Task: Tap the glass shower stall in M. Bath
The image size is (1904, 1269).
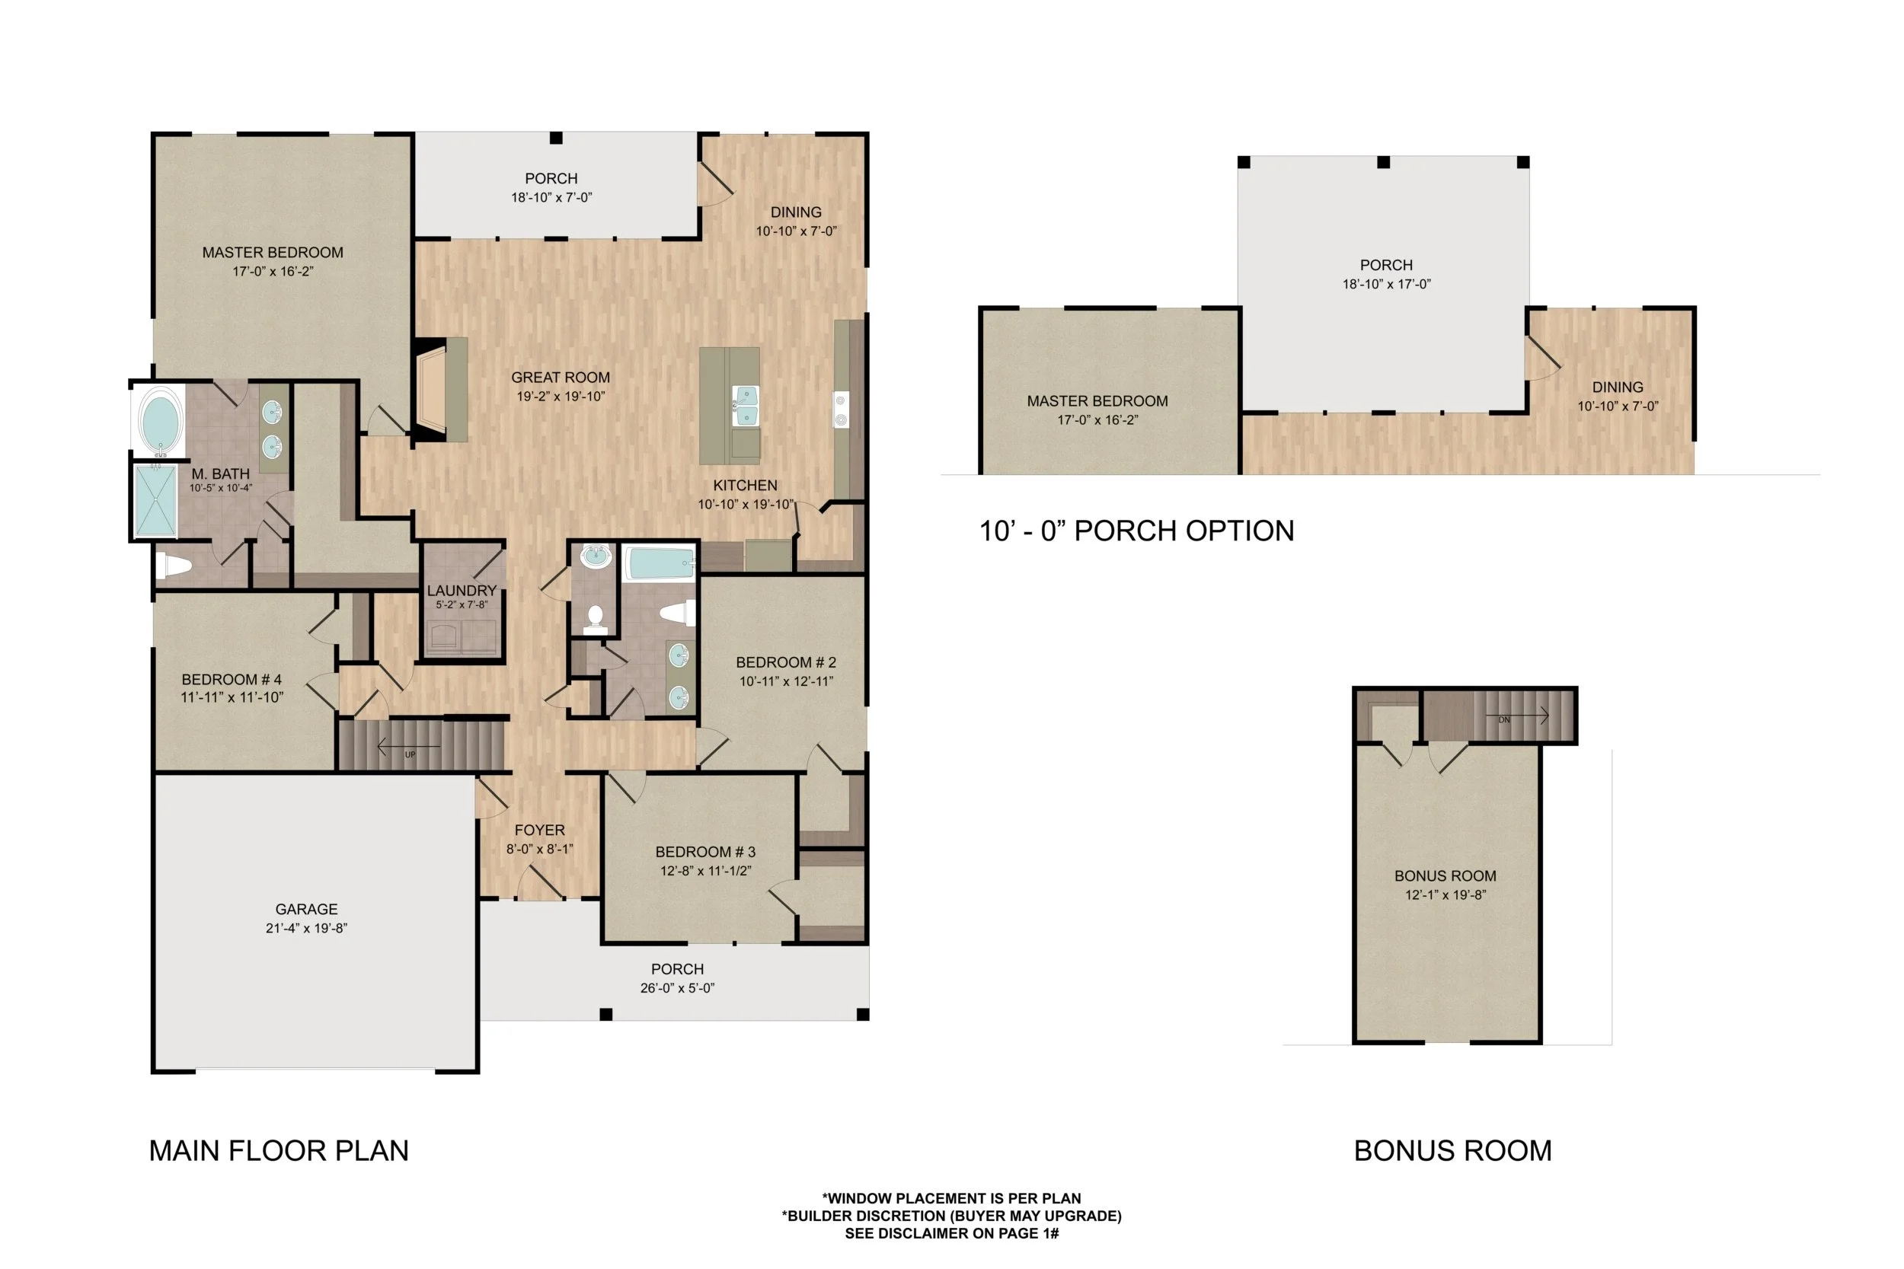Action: [x=155, y=501]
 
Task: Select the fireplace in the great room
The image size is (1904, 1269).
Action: [x=433, y=390]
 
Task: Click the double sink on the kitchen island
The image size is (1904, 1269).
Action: [x=746, y=406]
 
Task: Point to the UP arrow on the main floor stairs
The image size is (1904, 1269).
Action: [x=410, y=746]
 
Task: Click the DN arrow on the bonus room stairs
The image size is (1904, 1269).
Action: [x=1517, y=716]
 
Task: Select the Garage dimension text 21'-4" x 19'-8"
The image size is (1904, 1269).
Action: [x=306, y=928]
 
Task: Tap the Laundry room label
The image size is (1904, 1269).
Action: [x=462, y=591]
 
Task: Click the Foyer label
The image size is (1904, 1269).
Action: [x=539, y=831]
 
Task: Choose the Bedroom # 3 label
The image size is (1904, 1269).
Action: [x=705, y=852]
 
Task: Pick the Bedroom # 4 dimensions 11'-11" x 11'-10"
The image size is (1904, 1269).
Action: [x=232, y=697]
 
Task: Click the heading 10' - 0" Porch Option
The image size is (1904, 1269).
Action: [x=1136, y=531]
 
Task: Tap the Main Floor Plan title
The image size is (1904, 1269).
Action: [x=279, y=1151]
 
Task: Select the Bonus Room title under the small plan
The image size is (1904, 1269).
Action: [x=1452, y=1151]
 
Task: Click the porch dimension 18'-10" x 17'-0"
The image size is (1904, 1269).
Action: [x=1386, y=284]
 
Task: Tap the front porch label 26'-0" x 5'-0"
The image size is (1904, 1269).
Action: [x=677, y=988]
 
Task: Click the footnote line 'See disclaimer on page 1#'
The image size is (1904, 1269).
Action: [x=951, y=1233]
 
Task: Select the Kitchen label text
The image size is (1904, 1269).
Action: [x=745, y=486]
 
